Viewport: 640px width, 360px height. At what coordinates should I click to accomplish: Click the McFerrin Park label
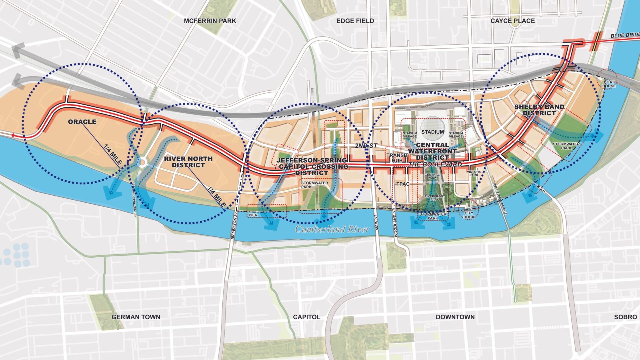210,21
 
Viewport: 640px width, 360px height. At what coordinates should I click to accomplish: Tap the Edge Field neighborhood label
355,21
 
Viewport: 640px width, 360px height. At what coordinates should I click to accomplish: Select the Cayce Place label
512,21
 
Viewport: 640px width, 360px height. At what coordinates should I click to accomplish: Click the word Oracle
82,122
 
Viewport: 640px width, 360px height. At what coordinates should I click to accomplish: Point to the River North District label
188,162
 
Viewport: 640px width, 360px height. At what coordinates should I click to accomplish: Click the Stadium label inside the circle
432,132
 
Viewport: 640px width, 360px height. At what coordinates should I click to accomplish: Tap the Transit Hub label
397,158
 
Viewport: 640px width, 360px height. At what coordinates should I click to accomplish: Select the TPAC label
403,184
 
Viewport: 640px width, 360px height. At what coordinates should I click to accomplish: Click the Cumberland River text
332,229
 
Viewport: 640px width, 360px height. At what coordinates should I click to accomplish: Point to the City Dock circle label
469,215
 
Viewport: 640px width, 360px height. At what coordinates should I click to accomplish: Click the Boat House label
609,84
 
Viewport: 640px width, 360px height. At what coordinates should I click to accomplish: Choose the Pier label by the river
253,215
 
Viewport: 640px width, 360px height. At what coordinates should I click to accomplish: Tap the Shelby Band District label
539,110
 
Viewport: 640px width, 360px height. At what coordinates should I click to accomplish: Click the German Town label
136,317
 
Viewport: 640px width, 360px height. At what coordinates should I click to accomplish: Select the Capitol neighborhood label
306,317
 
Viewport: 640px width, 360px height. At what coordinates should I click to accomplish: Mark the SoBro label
625,317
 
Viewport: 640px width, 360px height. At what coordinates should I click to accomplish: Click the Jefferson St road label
234,224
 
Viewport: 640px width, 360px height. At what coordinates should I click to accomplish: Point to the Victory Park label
474,173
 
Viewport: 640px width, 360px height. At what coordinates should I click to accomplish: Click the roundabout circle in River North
143,162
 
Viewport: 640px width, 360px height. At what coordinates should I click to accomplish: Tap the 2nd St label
366,146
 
